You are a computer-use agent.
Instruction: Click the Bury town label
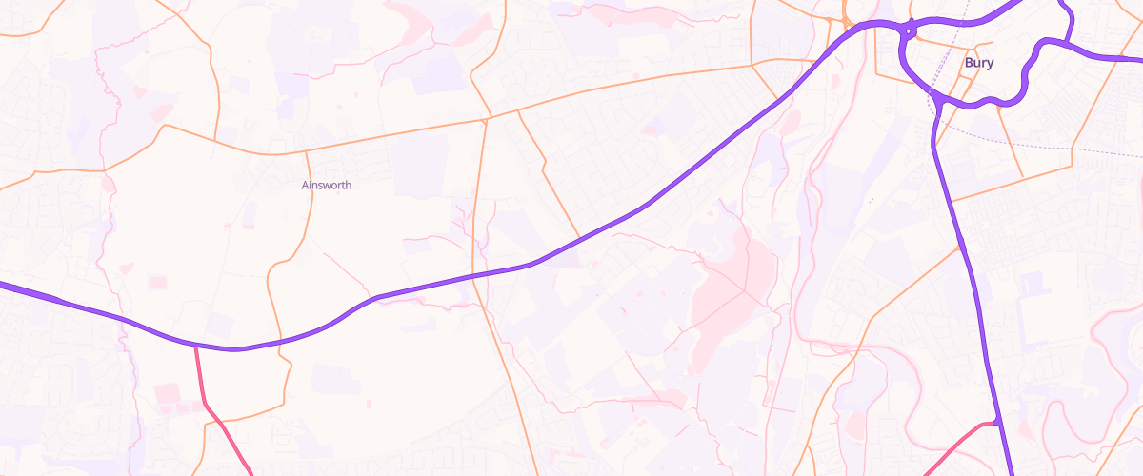tap(979, 63)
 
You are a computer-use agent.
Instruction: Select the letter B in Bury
tap(969, 63)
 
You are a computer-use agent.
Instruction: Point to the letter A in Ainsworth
tap(305, 185)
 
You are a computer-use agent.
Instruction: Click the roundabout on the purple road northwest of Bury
tap(909, 31)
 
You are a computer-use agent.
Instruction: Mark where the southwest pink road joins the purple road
tap(195, 347)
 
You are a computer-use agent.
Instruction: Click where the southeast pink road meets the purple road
tap(995, 422)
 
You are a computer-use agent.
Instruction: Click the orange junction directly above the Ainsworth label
tap(306, 149)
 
